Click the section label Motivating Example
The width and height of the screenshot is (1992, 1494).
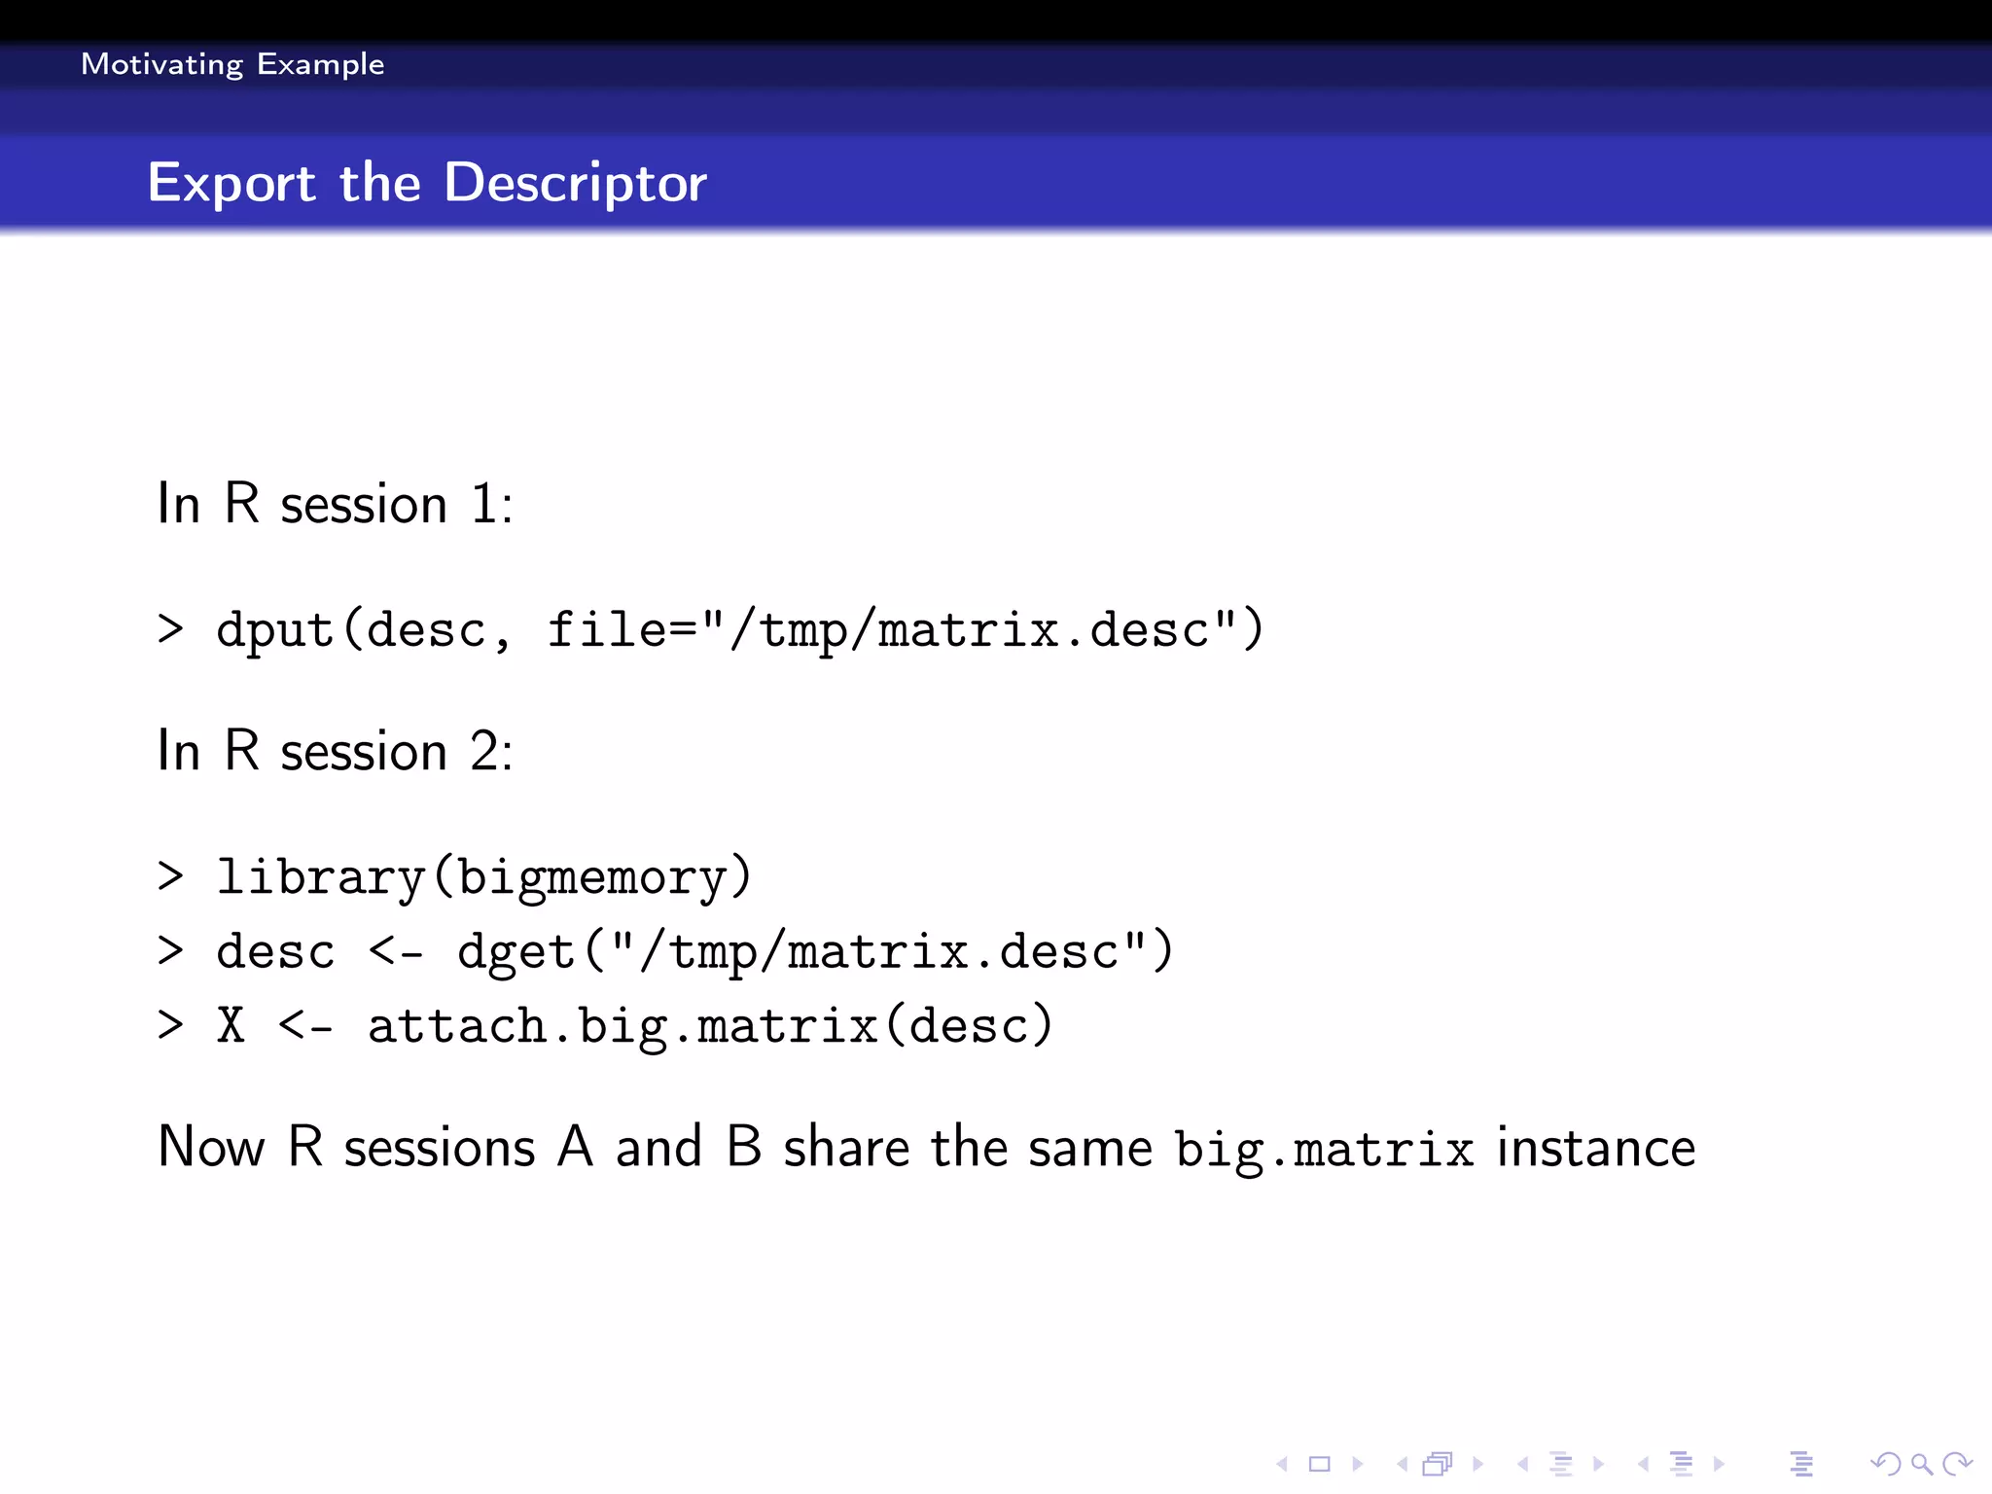pos(232,64)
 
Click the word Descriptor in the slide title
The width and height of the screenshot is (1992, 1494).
pos(575,183)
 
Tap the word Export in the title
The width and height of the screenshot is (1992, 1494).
pos(231,183)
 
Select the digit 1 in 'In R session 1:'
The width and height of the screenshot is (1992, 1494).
pos(483,505)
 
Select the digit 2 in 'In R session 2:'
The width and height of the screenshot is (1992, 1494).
pos(485,752)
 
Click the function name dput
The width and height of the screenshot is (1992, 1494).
pos(275,629)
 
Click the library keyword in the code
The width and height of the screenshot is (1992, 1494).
pos(320,876)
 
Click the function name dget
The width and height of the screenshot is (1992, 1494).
pos(516,951)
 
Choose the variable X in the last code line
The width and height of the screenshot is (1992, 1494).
pos(231,1025)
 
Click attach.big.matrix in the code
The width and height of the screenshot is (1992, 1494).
pos(622,1026)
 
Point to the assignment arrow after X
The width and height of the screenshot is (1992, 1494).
pos(305,1026)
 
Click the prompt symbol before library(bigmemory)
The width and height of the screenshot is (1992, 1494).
pos(170,876)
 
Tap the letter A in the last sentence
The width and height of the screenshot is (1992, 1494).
pos(575,1147)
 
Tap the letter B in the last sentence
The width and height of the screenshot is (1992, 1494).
pos(744,1147)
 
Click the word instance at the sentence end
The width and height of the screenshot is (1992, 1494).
pos(1596,1147)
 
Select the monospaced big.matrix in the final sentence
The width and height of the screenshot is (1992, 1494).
pos(1324,1150)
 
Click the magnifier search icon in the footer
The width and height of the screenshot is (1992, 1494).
pos(1920,1463)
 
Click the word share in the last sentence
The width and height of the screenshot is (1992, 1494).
pos(845,1147)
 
